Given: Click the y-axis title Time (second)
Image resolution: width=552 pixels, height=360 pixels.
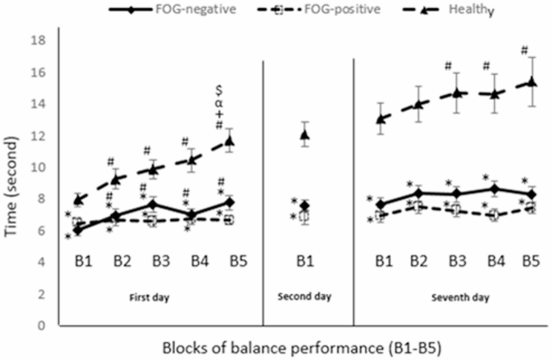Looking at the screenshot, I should pos(14,183).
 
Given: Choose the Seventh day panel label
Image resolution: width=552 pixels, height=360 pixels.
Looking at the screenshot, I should pos(451,296).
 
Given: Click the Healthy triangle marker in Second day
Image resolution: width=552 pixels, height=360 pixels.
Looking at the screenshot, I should pos(304,134).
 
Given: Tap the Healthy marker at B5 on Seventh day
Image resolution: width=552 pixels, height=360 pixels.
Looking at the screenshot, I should pos(529,82).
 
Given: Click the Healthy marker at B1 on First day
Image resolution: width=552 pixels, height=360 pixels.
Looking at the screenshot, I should pos(77,200).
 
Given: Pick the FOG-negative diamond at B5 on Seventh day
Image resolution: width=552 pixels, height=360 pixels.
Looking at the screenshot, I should pos(529,194).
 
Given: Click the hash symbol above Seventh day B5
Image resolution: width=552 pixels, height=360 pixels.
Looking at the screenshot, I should pos(525,50).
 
